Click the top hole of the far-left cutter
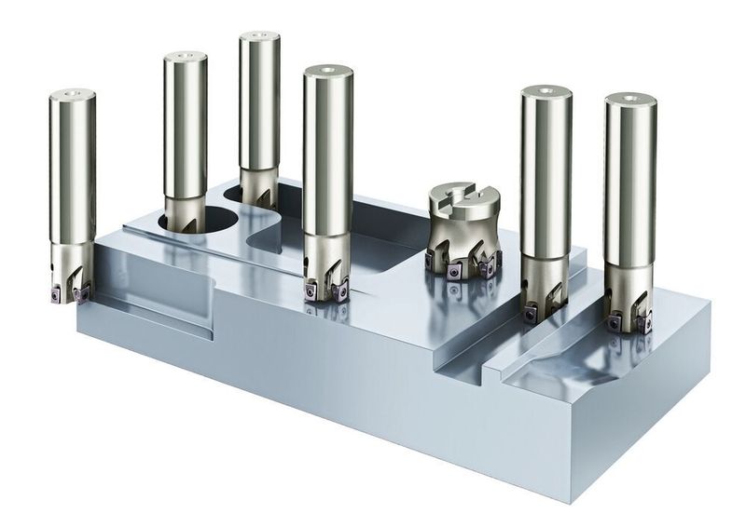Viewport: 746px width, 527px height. point(73,94)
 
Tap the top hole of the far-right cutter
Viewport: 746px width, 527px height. point(630,100)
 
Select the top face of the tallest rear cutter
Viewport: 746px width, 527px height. point(259,38)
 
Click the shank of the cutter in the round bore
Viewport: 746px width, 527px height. point(185,130)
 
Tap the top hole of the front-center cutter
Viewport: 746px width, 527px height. point(327,70)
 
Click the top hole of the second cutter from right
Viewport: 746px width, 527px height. point(546,91)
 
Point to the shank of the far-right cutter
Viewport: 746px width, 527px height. point(629,186)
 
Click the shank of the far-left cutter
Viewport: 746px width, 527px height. point(73,168)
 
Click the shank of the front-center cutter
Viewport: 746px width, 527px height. point(327,158)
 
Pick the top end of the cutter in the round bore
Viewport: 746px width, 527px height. point(186,57)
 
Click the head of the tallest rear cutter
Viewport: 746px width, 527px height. point(256,186)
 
